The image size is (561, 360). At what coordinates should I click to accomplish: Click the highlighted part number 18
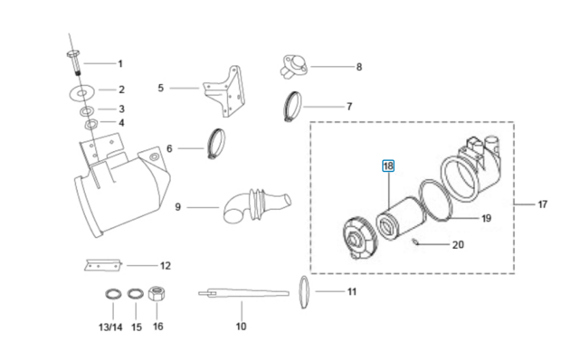[x=388, y=166]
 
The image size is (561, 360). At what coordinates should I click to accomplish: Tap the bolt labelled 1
[x=74, y=63]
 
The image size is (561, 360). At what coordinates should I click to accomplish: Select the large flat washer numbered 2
[x=82, y=92]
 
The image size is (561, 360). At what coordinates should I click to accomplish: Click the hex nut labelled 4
[x=90, y=125]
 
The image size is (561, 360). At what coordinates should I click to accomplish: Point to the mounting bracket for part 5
[x=225, y=92]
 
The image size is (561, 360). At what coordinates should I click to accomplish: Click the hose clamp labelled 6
[x=216, y=143]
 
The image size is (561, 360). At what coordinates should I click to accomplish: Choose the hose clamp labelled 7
[x=292, y=107]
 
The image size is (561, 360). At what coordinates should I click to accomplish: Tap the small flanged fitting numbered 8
[x=293, y=66]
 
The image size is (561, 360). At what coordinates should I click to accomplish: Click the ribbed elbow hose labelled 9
[x=256, y=206]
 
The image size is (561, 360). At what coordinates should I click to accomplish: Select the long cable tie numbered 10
[x=243, y=294]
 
